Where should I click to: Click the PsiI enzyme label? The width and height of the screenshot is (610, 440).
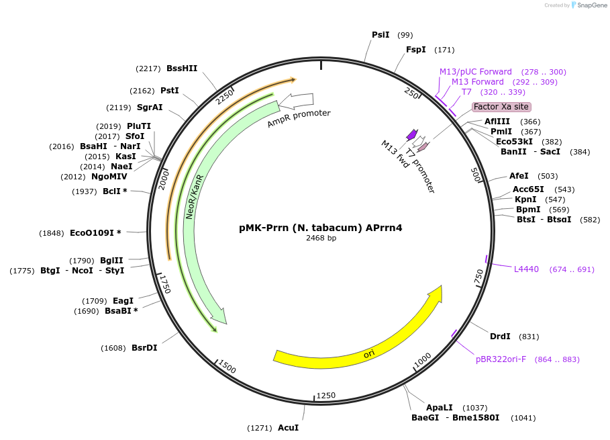(380, 34)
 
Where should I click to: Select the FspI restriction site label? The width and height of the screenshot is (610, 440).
(416, 50)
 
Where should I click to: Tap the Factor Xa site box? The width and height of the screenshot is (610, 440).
(501, 107)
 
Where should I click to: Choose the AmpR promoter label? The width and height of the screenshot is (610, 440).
(299, 118)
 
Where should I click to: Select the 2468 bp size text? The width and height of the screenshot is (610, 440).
(321, 238)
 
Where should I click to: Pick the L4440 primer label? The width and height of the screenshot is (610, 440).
(526, 269)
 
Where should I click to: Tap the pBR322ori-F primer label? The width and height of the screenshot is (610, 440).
(501, 359)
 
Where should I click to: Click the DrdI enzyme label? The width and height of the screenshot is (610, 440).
(500, 337)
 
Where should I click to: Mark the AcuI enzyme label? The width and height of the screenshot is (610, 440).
(288, 428)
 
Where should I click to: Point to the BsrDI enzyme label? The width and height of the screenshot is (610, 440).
(144, 348)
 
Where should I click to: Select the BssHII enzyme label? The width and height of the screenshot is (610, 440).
(182, 68)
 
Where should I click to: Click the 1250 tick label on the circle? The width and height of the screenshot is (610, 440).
(326, 396)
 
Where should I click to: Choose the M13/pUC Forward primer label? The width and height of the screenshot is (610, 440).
(475, 72)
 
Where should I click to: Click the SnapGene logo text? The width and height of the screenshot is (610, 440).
(590, 5)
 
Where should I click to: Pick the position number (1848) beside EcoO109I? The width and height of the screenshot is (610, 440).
(52, 233)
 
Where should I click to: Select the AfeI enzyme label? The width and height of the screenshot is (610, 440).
(519, 175)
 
